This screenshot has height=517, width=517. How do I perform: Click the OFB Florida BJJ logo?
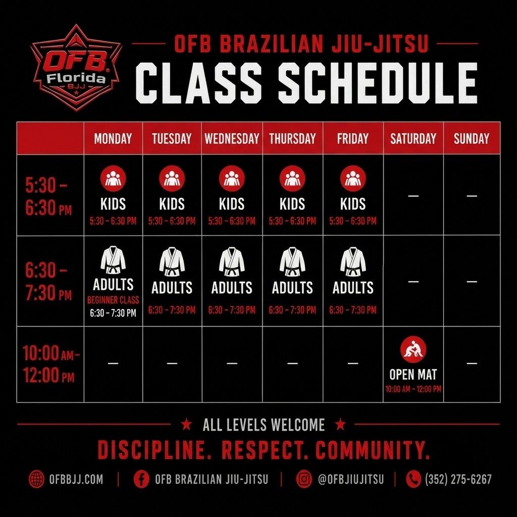tap(76, 68)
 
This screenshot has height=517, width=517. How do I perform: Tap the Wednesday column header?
tap(232, 138)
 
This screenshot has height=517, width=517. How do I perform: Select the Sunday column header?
tap(472, 138)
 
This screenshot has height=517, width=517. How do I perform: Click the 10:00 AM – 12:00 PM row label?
tap(50, 364)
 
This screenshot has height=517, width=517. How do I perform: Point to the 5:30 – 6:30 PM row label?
tap(48, 197)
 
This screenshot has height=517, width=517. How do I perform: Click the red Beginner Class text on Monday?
tap(113, 300)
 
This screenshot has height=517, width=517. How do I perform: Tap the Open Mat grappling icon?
tap(413, 349)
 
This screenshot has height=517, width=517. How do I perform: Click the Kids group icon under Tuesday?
tap(172, 178)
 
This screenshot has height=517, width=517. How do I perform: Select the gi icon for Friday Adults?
tap(353, 262)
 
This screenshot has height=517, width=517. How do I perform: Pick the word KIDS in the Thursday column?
tap(292, 204)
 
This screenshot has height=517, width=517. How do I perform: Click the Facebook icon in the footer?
tap(141, 479)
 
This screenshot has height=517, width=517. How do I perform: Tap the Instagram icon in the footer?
tap(303, 479)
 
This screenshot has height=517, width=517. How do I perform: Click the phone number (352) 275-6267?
tap(458, 479)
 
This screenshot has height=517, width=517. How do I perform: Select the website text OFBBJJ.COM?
tap(76, 479)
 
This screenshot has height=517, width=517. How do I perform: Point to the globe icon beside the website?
tap(36, 479)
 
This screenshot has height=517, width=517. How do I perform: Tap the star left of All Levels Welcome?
tap(187, 424)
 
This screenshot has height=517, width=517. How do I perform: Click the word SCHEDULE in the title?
tap(378, 83)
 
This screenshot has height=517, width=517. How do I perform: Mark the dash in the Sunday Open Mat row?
tap(472, 364)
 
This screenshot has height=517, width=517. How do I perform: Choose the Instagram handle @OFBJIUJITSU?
tap(351, 479)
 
